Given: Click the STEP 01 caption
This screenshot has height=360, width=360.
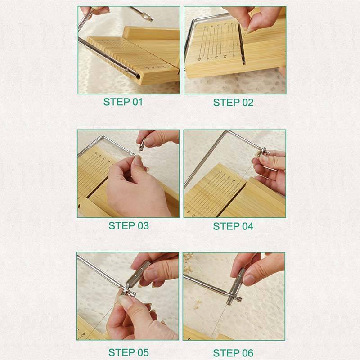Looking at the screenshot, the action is click(x=123, y=102).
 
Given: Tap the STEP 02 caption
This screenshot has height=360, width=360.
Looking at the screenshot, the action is click(x=233, y=103).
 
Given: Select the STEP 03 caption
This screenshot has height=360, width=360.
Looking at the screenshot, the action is click(x=129, y=226).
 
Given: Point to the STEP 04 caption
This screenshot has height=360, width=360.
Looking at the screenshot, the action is click(x=233, y=226).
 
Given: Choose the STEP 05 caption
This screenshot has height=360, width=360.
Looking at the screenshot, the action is click(x=129, y=352).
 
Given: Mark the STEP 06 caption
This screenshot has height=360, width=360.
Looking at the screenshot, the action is click(x=233, y=353).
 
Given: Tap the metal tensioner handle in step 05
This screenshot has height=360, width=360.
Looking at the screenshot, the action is click(x=137, y=275).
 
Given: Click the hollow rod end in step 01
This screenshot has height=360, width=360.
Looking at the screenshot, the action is click(x=137, y=76).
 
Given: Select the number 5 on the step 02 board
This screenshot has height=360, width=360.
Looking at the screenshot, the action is click(x=199, y=59).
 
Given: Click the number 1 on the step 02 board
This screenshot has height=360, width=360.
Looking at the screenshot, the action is click(x=234, y=55).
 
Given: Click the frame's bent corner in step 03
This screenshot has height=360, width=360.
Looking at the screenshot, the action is click(x=103, y=137).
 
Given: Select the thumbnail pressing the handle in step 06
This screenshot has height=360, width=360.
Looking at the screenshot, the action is click(x=248, y=279).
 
